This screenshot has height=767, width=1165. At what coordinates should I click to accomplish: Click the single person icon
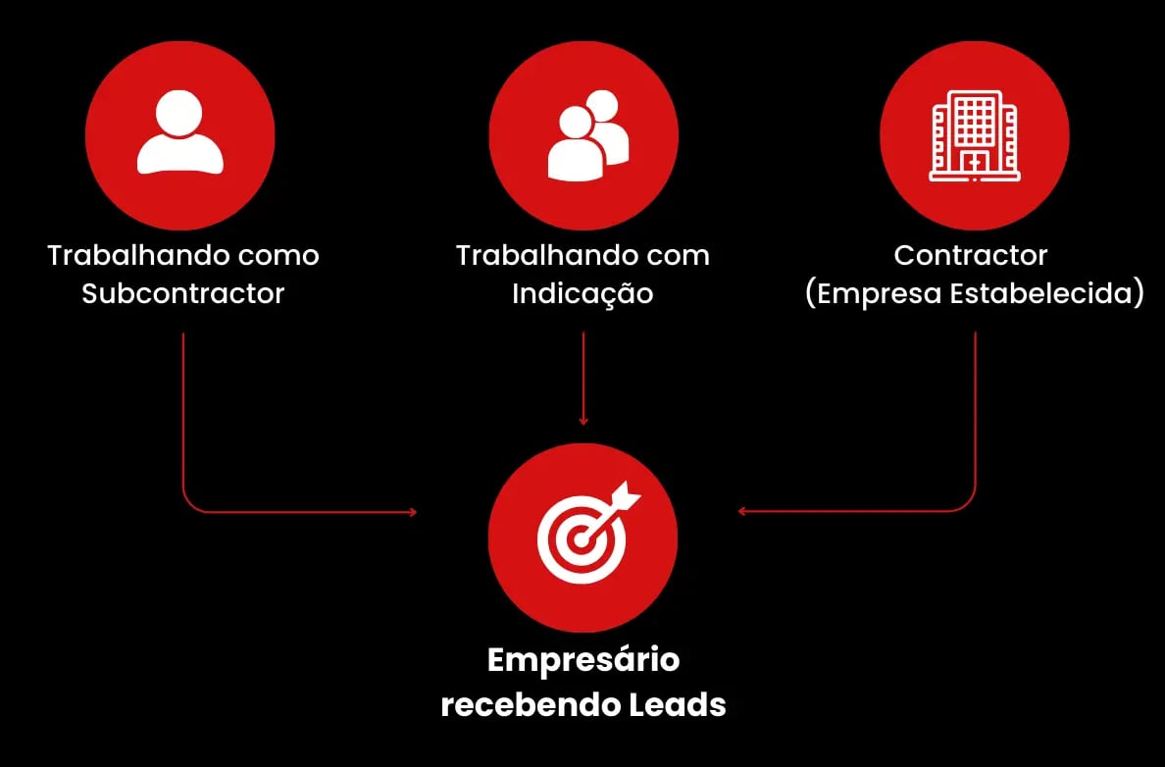click(x=180, y=135)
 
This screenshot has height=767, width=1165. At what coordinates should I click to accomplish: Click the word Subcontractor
click(x=183, y=293)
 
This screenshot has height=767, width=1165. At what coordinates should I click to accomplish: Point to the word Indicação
click(x=582, y=293)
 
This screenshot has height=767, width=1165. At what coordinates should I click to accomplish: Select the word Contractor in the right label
click(x=971, y=255)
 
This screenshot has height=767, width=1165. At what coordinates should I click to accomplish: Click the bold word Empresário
click(x=583, y=659)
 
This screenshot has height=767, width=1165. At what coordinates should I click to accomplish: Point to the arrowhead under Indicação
click(x=583, y=421)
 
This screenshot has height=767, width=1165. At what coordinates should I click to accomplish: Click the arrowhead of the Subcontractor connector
click(x=413, y=512)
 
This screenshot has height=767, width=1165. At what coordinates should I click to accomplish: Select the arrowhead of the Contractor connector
click(x=742, y=511)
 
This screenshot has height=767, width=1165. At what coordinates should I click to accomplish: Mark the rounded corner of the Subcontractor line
click(x=188, y=506)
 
